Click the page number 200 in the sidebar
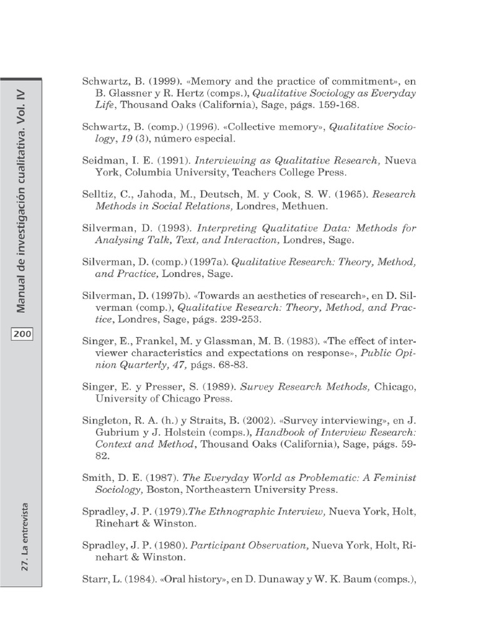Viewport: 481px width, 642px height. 22,334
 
